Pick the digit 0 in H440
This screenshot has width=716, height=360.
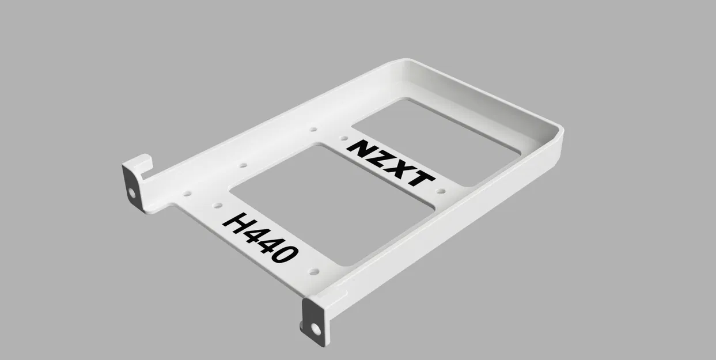(x=286, y=253)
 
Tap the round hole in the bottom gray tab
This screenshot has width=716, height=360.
(x=316, y=329)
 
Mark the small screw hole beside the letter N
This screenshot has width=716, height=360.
(x=342, y=138)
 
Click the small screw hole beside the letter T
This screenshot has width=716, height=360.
(x=441, y=191)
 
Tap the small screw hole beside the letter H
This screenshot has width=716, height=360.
(x=217, y=205)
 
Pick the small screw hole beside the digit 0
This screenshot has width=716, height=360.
(x=313, y=270)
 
